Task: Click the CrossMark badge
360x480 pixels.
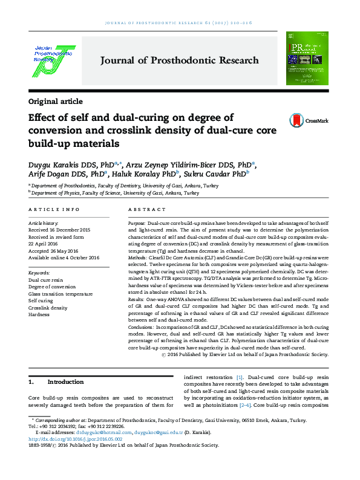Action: [x=309, y=120]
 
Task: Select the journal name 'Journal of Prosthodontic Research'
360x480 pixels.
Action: [x=180, y=60]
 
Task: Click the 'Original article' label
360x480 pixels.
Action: [x=56, y=102]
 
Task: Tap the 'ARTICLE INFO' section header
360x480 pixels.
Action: [x=54, y=210]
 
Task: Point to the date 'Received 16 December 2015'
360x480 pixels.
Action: [x=59, y=230]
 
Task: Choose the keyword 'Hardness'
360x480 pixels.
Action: [x=39, y=314]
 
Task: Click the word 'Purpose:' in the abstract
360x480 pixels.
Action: [x=137, y=224]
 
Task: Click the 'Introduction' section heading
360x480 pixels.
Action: [x=65, y=382]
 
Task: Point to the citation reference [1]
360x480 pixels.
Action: [x=240, y=377]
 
